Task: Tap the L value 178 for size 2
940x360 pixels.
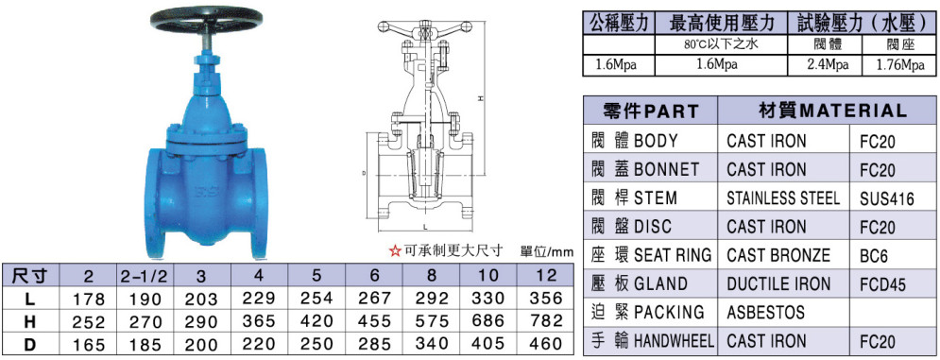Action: pyautogui.click(x=89, y=299)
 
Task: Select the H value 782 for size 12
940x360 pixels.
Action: pyautogui.click(x=547, y=321)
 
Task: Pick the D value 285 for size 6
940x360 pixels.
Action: pyautogui.click(x=375, y=344)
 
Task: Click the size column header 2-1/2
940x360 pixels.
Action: pyautogui.click(x=144, y=275)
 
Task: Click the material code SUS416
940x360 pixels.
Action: pyautogui.click(x=887, y=198)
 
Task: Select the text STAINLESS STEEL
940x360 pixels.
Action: pyautogui.click(x=783, y=198)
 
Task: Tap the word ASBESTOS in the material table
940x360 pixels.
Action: pyautogui.click(x=765, y=312)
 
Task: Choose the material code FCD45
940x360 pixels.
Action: pyautogui.click(x=882, y=284)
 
